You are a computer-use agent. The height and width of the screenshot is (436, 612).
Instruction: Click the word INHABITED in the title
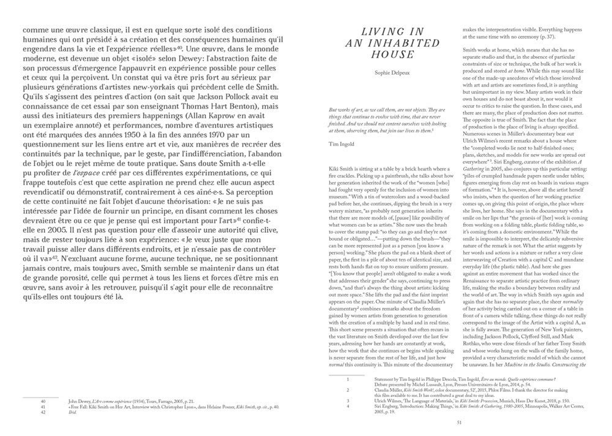point(407,43)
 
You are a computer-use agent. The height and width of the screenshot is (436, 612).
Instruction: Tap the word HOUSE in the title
point(392,55)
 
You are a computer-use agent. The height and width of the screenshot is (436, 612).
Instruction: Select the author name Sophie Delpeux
point(392,72)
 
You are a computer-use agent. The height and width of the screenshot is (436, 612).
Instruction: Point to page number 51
point(459,422)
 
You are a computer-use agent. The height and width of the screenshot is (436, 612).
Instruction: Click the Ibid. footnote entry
point(72,413)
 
